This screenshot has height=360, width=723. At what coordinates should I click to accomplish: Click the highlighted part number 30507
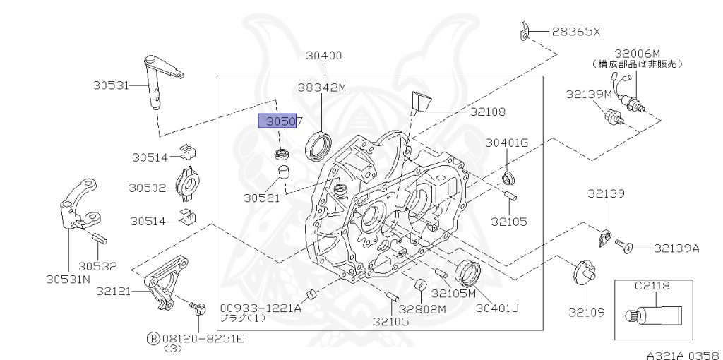(281, 121)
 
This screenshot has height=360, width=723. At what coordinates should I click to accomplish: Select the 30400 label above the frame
(323, 55)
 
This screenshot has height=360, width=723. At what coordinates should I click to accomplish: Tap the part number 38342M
(321, 88)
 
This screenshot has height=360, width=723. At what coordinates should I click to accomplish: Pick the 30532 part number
(97, 266)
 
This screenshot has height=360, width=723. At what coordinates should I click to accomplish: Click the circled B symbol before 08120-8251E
(153, 337)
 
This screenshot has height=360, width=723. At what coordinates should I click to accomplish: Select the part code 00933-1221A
(260, 307)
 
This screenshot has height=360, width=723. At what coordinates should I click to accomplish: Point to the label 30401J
(496, 307)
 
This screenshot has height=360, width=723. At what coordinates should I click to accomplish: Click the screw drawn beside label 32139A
(623, 246)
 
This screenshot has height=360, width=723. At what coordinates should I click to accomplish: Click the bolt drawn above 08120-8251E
(198, 307)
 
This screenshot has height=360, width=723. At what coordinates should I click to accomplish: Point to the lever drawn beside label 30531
(160, 81)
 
